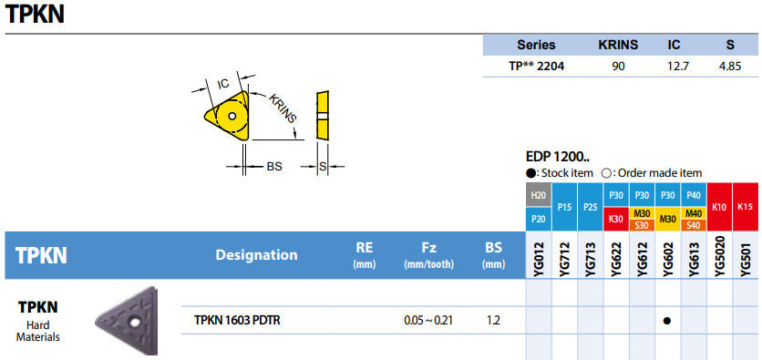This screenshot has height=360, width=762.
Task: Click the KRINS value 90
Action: pos(618,66)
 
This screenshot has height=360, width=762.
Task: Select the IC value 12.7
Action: pos(677,66)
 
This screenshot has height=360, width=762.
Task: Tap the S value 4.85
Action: pos(729,66)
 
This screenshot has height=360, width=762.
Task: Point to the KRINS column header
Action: pos(618,46)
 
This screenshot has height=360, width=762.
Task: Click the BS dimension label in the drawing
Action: pos(274,166)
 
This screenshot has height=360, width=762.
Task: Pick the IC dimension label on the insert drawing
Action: pos(223,84)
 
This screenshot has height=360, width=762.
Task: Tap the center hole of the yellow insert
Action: pos(232,116)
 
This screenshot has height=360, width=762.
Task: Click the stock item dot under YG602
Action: pos(667,321)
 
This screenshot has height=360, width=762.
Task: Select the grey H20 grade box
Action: pos(539,195)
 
